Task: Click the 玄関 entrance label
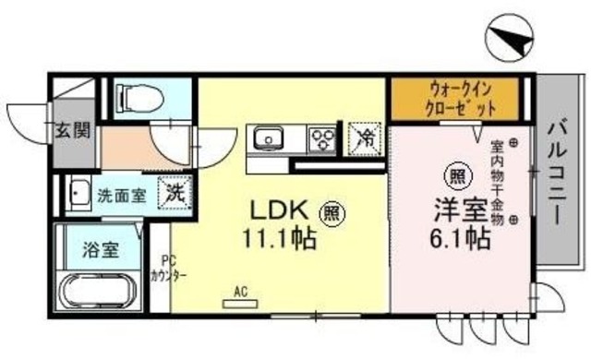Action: pos(71,130)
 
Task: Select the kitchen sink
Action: pos(270,139)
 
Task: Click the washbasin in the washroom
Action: pos(76,194)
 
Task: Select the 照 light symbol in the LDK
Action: pos(331,212)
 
